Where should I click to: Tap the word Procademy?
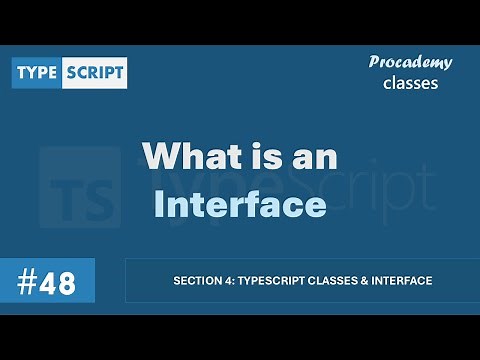pos(410,62)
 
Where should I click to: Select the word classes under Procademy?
pos(410,83)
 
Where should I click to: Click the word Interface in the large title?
pos(240,203)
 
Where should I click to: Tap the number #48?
pos(47,281)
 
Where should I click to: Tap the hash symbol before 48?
pos(27,281)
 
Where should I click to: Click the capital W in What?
pos(162,157)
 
